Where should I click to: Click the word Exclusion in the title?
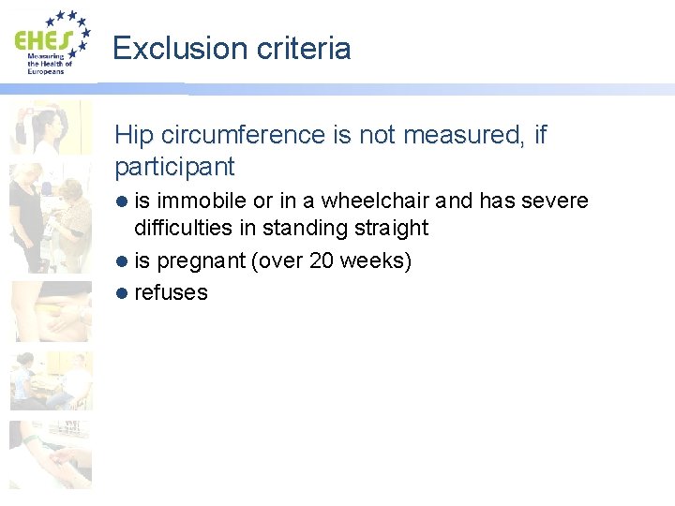pyautogui.click(x=167, y=48)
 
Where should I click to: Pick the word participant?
pyautogui.click(x=173, y=166)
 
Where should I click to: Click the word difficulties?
pyautogui.click(x=195, y=228)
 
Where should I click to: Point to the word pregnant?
pyautogui.click(x=202, y=260)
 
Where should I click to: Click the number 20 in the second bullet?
pyautogui.click(x=322, y=260)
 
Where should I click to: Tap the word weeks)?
pyautogui.click(x=376, y=260)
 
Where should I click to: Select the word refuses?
pyautogui.click(x=171, y=292)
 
